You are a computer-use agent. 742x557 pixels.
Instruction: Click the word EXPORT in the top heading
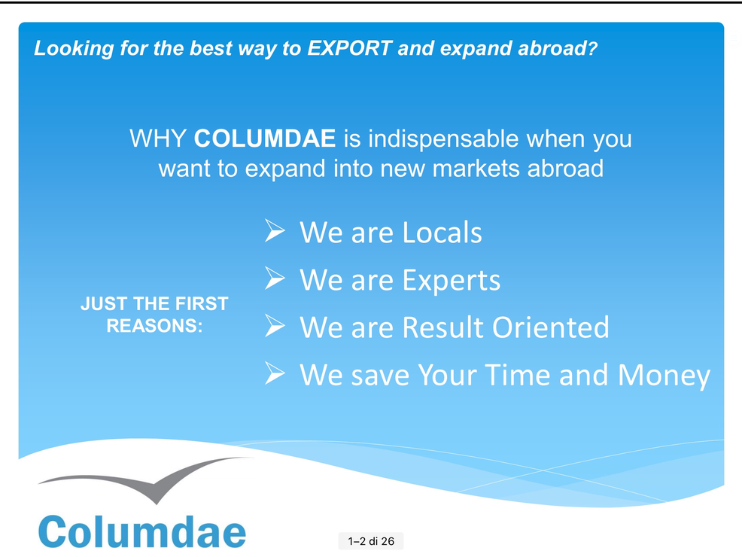[x=349, y=48]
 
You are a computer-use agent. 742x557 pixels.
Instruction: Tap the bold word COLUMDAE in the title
[x=265, y=138]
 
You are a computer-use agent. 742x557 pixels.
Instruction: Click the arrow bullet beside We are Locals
[x=275, y=230]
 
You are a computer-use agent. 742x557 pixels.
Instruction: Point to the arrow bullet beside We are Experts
[x=275, y=278]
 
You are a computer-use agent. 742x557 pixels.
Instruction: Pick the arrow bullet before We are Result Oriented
[x=275, y=326]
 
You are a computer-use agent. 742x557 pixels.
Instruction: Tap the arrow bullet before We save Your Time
[x=275, y=373]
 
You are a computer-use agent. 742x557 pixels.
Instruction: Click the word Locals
[x=442, y=233]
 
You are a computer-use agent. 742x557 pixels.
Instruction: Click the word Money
[x=664, y=376]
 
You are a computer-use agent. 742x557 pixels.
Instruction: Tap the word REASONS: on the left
[x=154, y=326]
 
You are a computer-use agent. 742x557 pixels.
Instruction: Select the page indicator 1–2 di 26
[x=371, y=541]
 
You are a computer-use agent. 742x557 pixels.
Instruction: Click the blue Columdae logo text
[x=142, y=531]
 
